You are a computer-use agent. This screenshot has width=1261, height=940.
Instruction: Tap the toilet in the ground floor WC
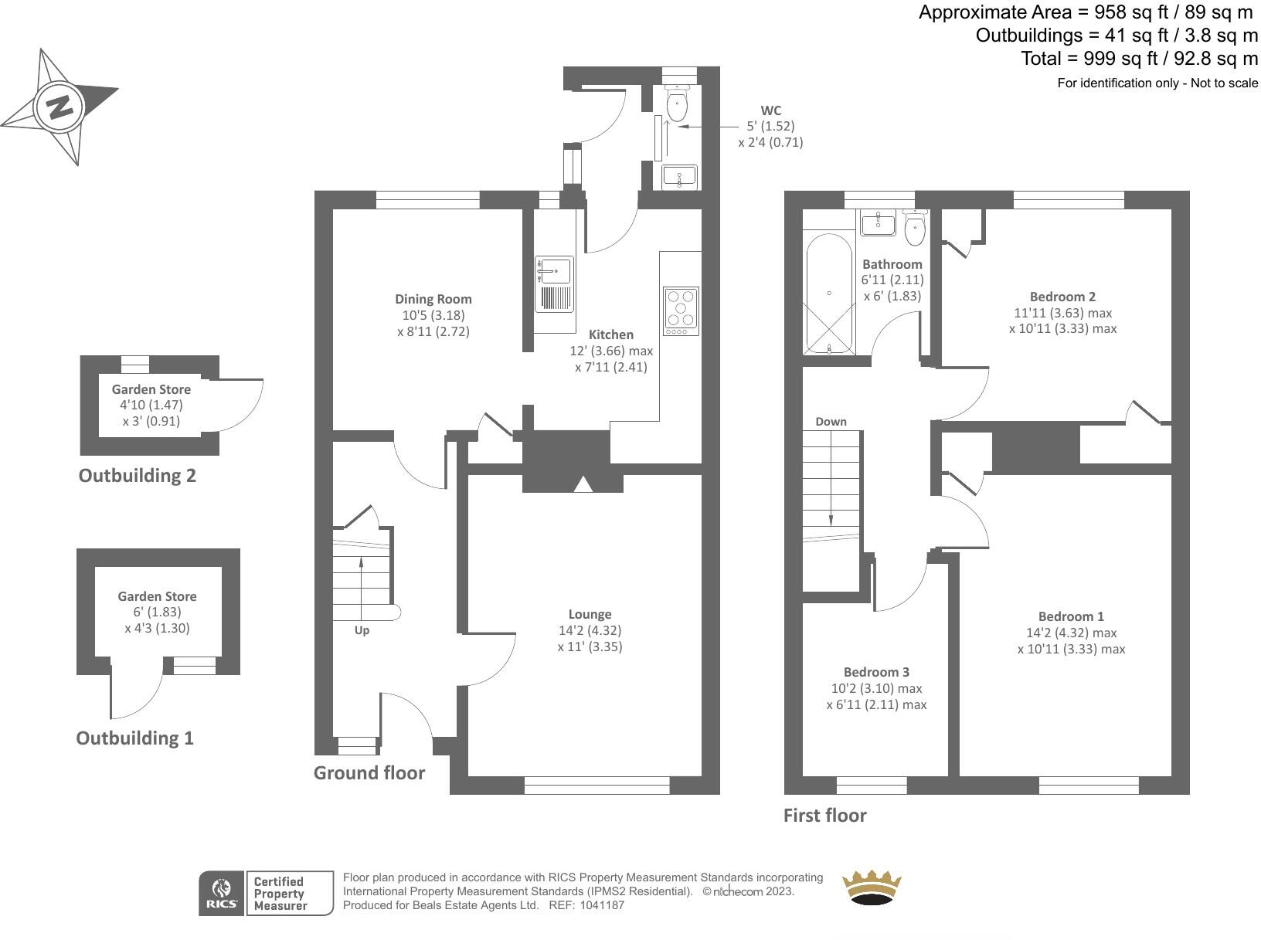click(677, 104)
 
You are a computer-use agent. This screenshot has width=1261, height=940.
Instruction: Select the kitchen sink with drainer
click(554, 283)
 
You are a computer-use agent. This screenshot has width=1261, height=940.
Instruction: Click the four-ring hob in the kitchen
click(681, 311)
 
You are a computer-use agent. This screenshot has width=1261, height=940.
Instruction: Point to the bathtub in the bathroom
click(830, 294)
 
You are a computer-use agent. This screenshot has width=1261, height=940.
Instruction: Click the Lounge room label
click(590, 615)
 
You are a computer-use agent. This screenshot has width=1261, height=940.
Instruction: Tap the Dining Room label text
click(433, 299)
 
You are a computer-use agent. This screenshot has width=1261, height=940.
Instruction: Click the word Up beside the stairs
click(362, 630)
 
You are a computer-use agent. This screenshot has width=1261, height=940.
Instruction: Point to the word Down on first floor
click(831, 422)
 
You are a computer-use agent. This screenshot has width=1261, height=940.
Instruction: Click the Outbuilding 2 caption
click(138, 476)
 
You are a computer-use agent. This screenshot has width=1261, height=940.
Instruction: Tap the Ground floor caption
click(369, 773)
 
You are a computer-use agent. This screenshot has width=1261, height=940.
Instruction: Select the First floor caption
click(824, 816)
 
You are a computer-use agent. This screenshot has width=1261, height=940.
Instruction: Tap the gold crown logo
click(872, 887)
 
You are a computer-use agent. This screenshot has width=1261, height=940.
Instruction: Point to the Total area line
click(1139, 59)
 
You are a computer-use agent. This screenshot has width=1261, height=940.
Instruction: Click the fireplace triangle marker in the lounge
click(583, 484)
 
